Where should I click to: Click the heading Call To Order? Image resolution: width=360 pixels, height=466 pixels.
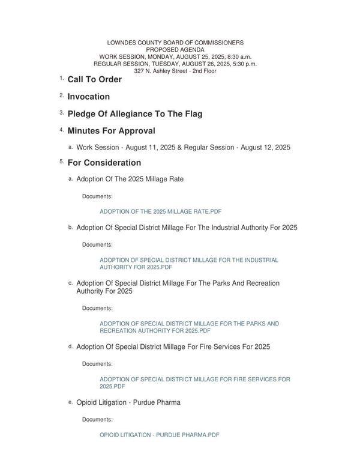(94, 79)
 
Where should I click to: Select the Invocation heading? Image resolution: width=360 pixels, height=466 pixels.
(88, 97)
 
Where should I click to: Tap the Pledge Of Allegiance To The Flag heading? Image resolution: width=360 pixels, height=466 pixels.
(134, 113)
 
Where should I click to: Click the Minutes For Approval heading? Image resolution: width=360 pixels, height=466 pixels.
(111, 131)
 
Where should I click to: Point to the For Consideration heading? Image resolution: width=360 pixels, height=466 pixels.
(104, 163)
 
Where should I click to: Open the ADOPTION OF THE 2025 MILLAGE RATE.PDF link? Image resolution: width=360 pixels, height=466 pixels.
(160, 211)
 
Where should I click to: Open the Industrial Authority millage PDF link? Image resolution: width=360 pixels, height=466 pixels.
(188, 264)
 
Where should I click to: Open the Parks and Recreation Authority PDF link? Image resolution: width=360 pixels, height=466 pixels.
(188, 327)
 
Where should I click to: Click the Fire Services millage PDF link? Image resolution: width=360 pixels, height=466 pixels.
(194, 383)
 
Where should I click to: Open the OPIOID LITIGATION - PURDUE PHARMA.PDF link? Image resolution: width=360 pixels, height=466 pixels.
(159, 435)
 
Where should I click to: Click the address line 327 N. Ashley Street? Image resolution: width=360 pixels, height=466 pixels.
(175, 71)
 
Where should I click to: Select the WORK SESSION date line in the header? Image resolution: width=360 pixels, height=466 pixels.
(175, 56)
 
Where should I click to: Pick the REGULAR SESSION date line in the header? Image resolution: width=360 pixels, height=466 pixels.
(175, 64)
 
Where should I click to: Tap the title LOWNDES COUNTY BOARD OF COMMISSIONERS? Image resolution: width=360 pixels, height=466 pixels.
(175, 43)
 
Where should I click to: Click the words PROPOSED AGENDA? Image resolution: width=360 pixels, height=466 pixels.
(175, 50)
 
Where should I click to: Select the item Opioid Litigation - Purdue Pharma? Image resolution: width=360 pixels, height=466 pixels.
(128, 402)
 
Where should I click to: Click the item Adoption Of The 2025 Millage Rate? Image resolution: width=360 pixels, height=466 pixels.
(130, 179)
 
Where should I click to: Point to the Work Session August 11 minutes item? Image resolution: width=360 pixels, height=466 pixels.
(183, 147)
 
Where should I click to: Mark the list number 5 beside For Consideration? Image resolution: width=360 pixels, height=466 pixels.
(61, 162)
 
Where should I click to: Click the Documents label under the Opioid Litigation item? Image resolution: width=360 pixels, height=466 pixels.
(97, 419)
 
